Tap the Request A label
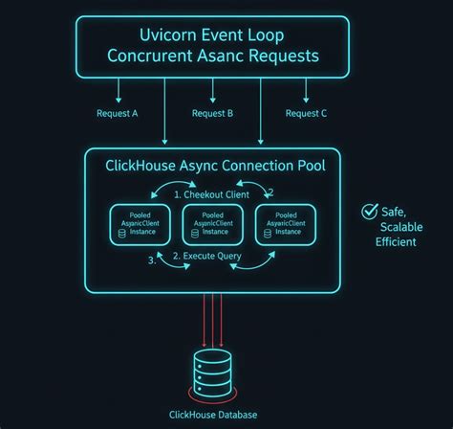[x=118, y=113]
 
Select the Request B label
[x=212, y=113]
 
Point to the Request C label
[x=306, y=113]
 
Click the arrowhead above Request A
[x=119, y=101]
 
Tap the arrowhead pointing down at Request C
[x=306, y=101]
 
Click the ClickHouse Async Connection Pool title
[x=215, y=166]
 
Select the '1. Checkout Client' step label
[x=212, y=194]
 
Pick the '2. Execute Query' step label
[x=207, y=256]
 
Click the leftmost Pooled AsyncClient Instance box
[x=140, y=225]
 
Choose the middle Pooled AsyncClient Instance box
[x=213, y=225]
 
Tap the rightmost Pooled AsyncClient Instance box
[x=286, y=225]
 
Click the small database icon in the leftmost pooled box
[x=122, y=234]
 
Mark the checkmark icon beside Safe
[x=370, y=212]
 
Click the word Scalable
[x=401, y=227]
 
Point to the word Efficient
[x=396, y=242]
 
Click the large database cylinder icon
[x=212, y=373]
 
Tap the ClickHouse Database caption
[x=213, y=415]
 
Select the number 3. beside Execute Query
[x=152, y=260]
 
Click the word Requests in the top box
[x=284, y=56]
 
